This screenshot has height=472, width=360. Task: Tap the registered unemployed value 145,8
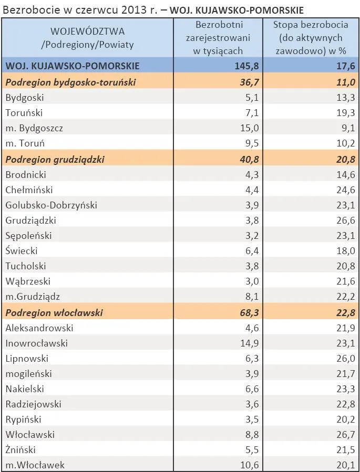pyautogui.click(x=247, y=66)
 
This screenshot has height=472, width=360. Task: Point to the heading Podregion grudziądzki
pyautogui.click(x=55, y=159)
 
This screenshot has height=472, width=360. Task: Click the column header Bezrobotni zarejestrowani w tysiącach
pyautogui.click(x=218, y=38)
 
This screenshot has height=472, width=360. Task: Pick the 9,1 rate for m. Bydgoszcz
pyautogui.click(x=348, y=128)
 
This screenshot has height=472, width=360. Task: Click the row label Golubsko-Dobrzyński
pyautogui.click(x=51, y=205)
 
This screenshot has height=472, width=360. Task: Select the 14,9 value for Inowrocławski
pyautogui.click(x=249, y=343)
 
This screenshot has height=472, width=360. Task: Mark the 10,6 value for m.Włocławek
pyautogui.click(x=249, y=465)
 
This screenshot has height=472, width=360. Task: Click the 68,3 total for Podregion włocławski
pyautogui.click(x=249, y=313)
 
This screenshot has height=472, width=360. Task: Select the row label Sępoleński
pyautogui.click(x=28, y=236)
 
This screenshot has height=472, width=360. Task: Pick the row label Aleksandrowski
pyautogui.click(x=39, y=328)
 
